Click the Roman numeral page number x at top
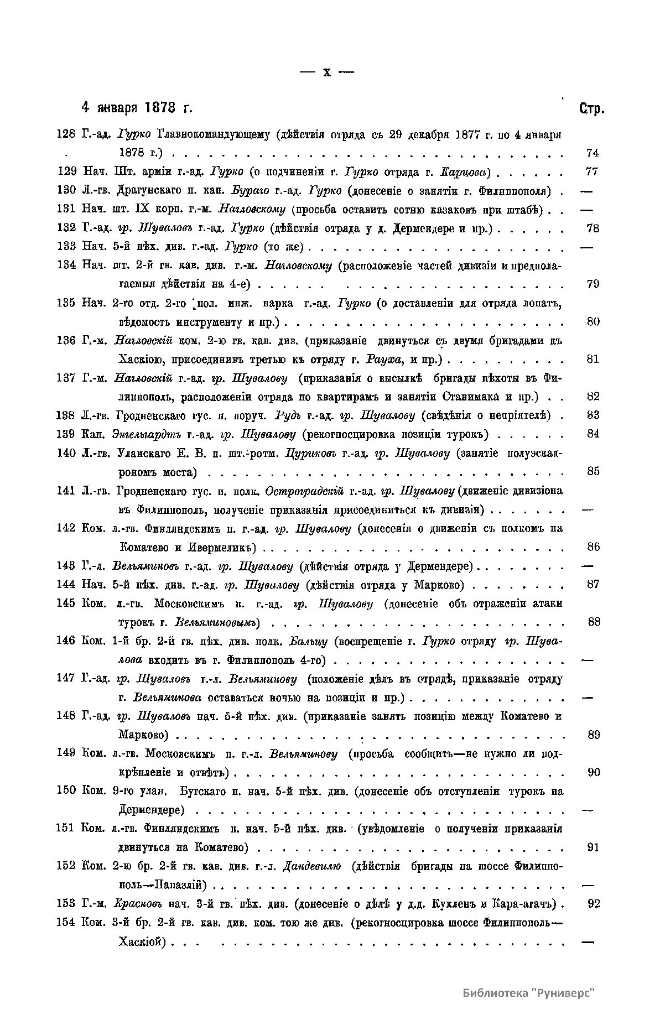326,72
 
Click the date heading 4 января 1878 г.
137,107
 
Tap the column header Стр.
591,108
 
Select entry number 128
66,134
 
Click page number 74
592,153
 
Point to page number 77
591,172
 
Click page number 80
592,322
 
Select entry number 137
66,378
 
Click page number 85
593,472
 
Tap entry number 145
66,603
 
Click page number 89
593,735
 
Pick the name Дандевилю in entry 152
311,866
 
